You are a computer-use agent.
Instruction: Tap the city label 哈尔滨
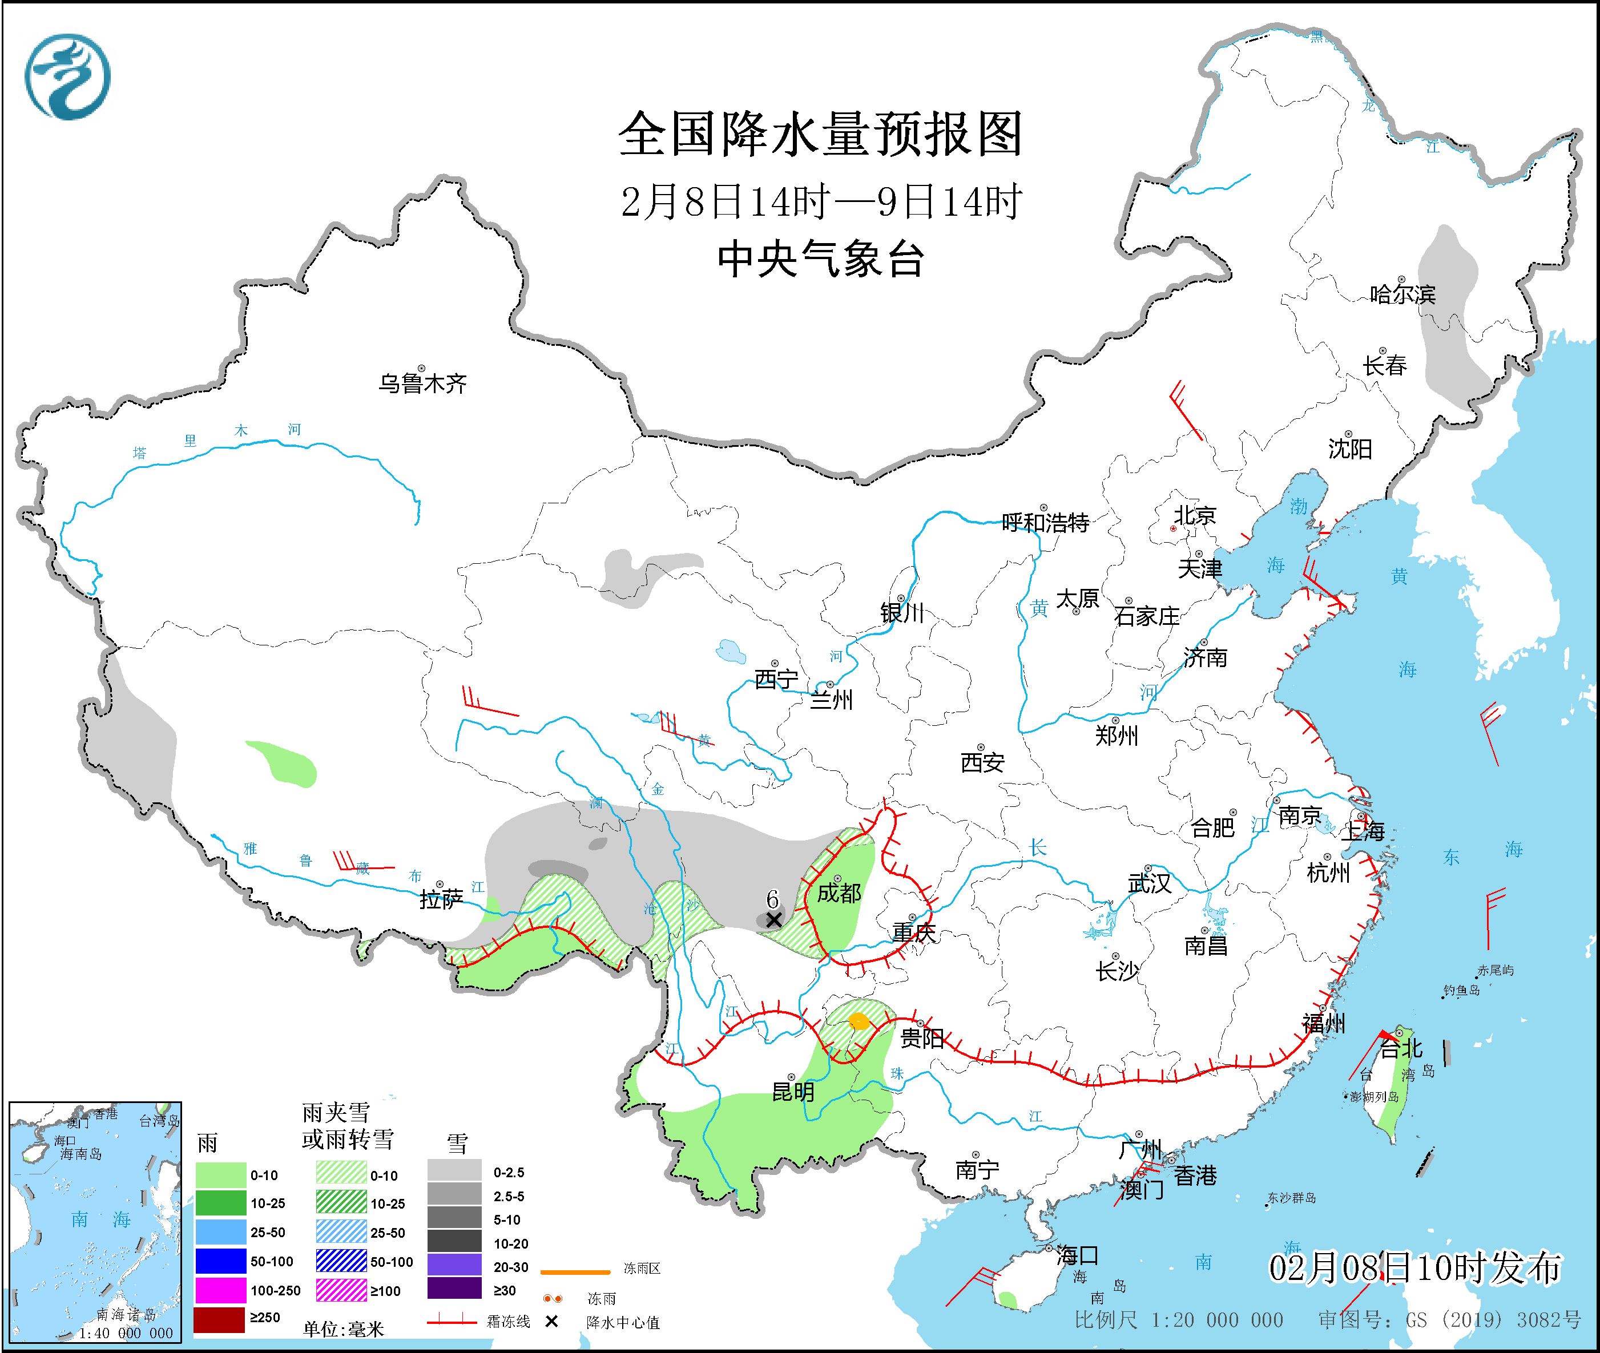[1402, 294]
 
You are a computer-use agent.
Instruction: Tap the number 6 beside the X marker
[772, 899]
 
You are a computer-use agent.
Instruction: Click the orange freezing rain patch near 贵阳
[860, 1021]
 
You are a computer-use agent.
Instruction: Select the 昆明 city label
[793, 1091]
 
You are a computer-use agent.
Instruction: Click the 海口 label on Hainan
[1077, 1255]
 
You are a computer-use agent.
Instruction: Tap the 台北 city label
[1401, 1048]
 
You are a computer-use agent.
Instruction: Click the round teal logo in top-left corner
[67, 76]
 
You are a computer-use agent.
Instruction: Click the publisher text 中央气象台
[820, 259]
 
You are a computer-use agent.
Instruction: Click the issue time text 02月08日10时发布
[1413, 1268]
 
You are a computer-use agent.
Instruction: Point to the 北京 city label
[1195, 515]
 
